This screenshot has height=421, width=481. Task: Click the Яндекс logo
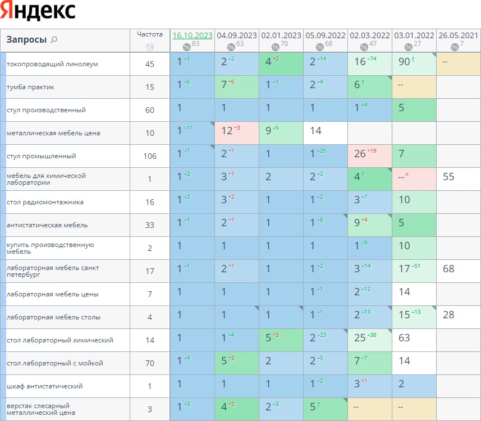coord(38,11)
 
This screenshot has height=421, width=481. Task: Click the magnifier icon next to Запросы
coord(54,40)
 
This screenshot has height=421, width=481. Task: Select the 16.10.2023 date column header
coord(192,35)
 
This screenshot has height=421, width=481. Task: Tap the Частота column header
coord(149,34)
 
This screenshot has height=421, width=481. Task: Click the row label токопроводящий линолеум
coord(52,64)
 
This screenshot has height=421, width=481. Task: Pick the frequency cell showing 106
coord(150,156)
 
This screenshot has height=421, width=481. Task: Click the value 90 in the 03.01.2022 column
coord(405,62)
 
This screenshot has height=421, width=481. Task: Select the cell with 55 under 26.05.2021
coord(448,177)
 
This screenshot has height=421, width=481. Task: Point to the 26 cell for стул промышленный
coord(360,154)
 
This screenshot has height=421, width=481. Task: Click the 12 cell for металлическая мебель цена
coord(227,131)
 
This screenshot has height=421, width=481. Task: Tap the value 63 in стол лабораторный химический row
coord(404,338)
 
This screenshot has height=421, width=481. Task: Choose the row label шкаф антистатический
coord(45,386)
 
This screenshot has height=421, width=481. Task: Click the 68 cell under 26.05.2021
coord(448,269)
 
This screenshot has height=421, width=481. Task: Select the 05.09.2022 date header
coord(326,35)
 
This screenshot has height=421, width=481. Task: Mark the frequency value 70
coord(150,363)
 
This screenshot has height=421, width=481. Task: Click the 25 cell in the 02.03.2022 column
coord(360,338)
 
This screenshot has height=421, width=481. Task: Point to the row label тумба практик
coord(30,87)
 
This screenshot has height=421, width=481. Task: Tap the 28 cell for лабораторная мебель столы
coord(448,315)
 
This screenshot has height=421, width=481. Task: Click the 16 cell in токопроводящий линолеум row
coord(360,62)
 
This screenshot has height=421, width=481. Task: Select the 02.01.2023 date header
coord(281,35)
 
